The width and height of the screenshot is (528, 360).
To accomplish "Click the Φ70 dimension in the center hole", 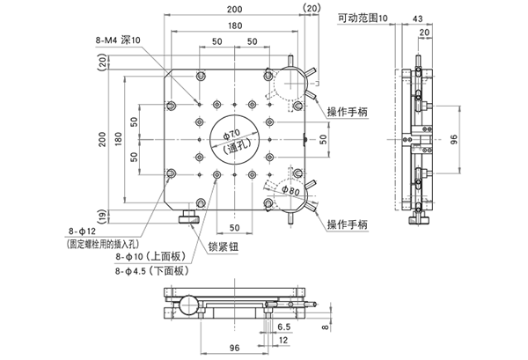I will tap(231, 133).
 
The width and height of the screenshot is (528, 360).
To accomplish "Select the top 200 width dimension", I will tap(232, 8).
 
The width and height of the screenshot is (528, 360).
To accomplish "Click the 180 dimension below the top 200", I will tap(232, 26).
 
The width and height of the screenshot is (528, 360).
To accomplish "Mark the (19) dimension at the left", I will tap(102, 215).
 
